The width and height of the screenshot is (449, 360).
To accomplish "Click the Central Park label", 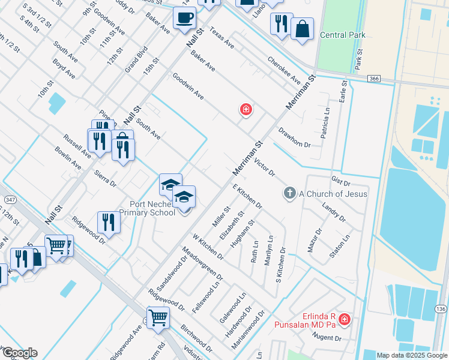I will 343,35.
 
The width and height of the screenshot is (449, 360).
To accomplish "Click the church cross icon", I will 290,193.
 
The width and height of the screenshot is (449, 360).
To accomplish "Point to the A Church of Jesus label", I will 333,193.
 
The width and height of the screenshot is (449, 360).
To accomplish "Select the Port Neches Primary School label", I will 147,208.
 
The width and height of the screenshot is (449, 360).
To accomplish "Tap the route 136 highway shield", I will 441,308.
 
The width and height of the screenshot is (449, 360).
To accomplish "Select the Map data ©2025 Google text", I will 411,355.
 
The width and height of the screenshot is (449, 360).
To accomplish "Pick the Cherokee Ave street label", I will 284,71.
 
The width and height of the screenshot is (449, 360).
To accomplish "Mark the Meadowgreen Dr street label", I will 202,266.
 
